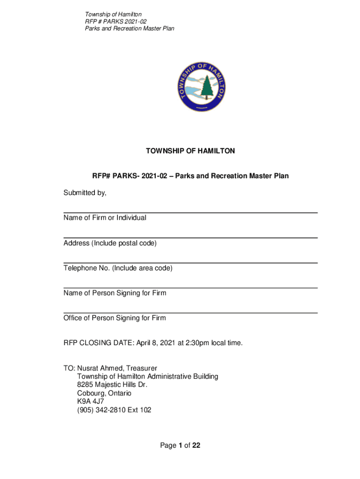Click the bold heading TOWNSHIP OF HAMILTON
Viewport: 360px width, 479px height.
(x=190, y=151)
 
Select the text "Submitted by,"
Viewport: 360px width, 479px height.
(x=85, y=193)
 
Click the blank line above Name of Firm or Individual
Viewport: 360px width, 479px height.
(x=190, y=213)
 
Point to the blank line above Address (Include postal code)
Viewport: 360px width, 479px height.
(x=190, y=238)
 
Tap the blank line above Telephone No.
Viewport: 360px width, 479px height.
(x=190, y=263)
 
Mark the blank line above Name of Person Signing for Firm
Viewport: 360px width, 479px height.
(x=190, y=288)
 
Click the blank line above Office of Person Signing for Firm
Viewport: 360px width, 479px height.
(x=190, y=313)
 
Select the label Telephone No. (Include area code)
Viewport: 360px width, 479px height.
(x=118, y=269)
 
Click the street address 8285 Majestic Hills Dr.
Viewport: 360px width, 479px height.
(x=112, y=385)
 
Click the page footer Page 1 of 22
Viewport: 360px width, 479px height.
(x=180, y=445)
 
